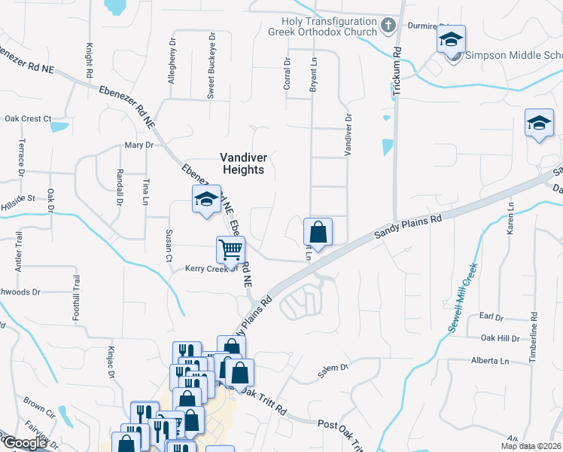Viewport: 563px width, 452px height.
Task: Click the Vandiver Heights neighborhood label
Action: [242, 163]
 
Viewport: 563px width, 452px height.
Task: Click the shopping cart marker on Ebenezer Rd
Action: [230, 249]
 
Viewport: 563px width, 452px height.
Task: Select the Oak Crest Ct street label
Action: [28, 118]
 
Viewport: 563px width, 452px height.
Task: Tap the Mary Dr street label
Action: [138, 145]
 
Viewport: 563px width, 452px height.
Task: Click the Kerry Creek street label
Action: [212, 268]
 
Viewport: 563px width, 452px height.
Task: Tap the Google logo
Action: [25, 443]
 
